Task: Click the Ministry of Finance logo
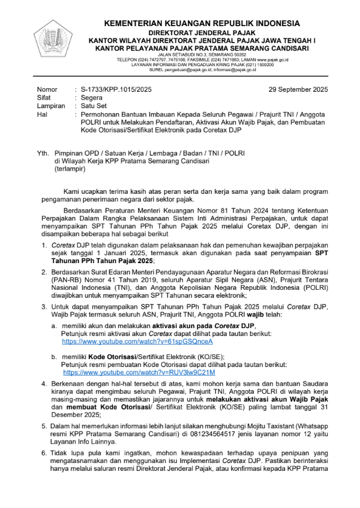52,38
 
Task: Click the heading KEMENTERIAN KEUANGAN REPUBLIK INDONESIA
210,23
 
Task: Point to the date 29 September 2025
298,89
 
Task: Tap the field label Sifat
44,97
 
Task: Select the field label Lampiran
50,105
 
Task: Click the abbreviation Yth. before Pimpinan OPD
43,154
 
